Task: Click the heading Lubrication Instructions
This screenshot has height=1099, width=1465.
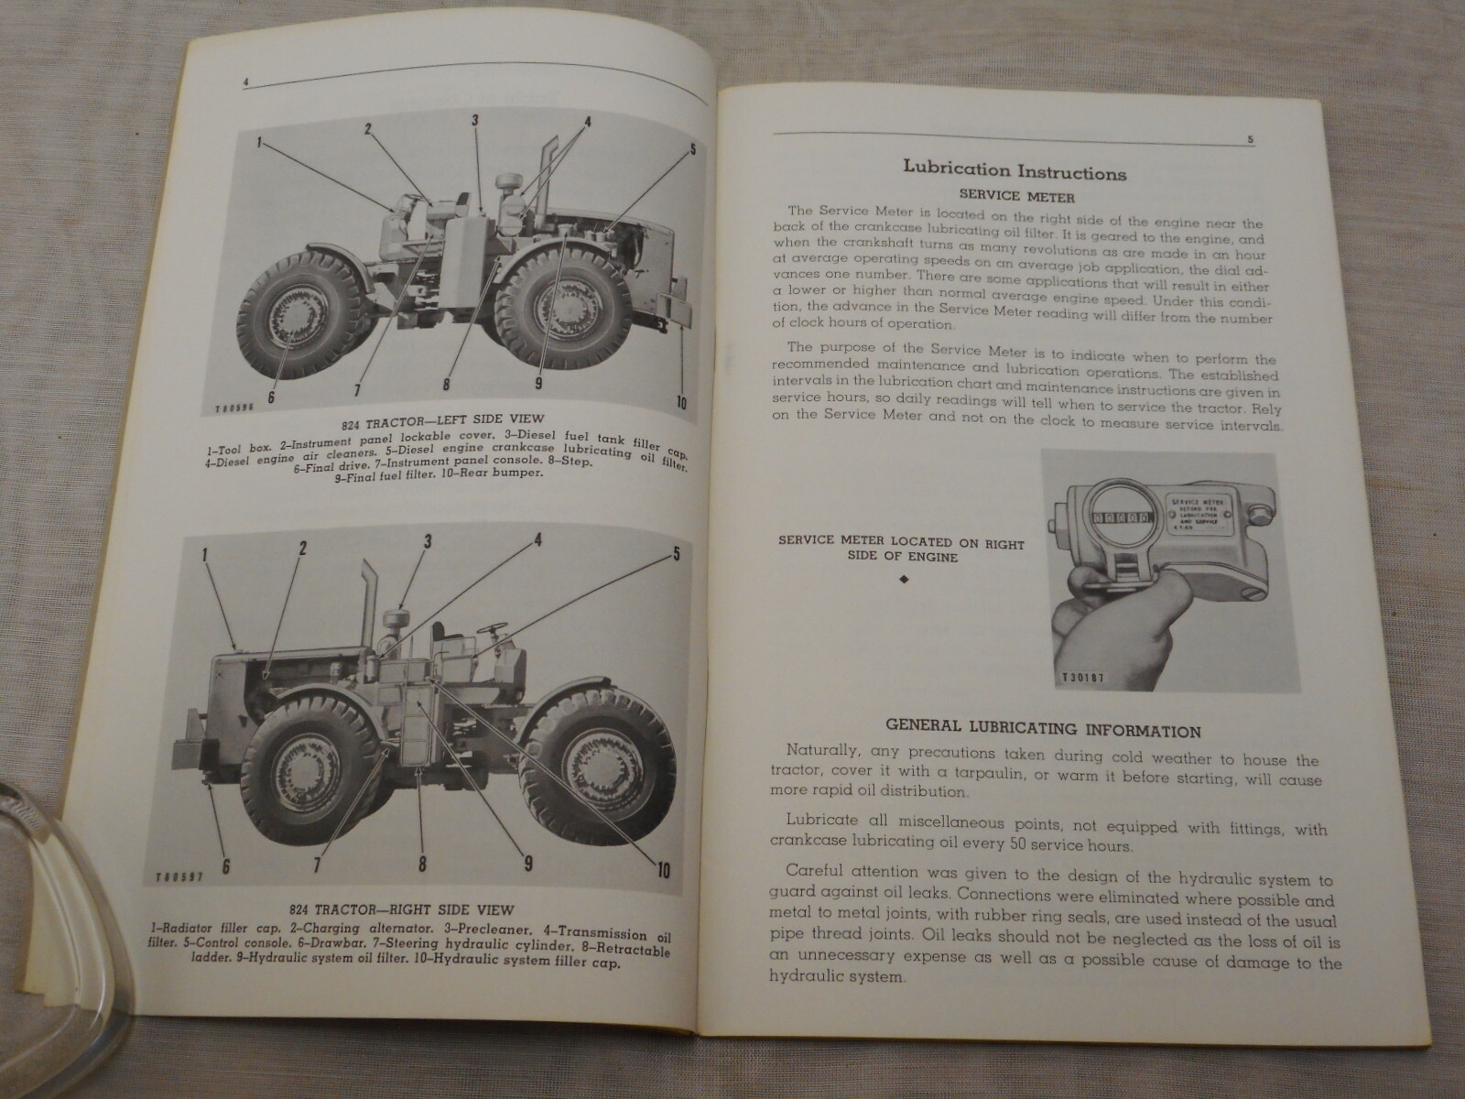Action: click(1014, 170)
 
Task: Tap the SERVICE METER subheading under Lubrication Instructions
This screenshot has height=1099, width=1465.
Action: click(1015, 196)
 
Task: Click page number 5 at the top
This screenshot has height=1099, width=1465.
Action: click(1250, 140)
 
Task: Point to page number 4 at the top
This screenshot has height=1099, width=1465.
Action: click(246, 82)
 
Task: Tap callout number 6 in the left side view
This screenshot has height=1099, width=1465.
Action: click(272, 397)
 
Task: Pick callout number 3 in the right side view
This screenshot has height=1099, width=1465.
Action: click(427, 541)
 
